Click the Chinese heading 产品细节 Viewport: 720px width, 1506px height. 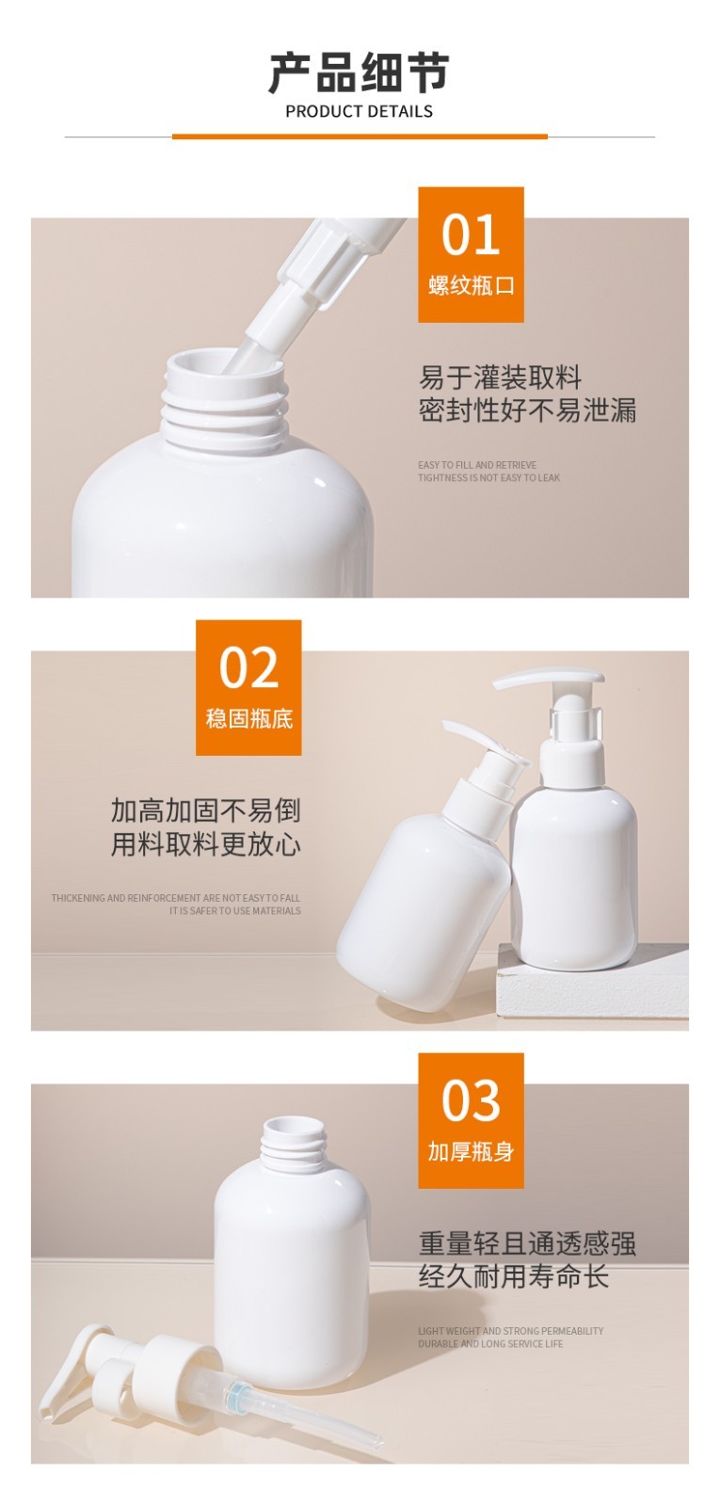click(x=359, y=72)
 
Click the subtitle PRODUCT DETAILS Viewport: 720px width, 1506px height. click(x=359, y=111)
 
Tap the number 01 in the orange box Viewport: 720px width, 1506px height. click(x=470, y=234)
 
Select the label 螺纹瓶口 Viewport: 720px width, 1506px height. click(x=471, y=286)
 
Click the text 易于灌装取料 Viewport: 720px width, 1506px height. click(x=500, y=378)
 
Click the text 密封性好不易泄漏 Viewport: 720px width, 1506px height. click(x=527, y=410)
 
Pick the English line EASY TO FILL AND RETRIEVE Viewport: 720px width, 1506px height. click(x=477, y=465)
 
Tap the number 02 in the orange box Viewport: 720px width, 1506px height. click(x=248, y=667)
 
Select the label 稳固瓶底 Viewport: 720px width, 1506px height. click(x=248, y=719)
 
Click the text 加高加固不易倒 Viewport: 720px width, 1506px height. click(x=205, y=810)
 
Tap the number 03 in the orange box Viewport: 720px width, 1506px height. click(x=470, y=1100)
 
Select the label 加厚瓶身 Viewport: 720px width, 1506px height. click(x=471, y=1151)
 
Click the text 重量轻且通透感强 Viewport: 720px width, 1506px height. click(x=527, y=1243)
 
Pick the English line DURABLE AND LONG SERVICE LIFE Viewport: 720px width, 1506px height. click(x=490, y=1344)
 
